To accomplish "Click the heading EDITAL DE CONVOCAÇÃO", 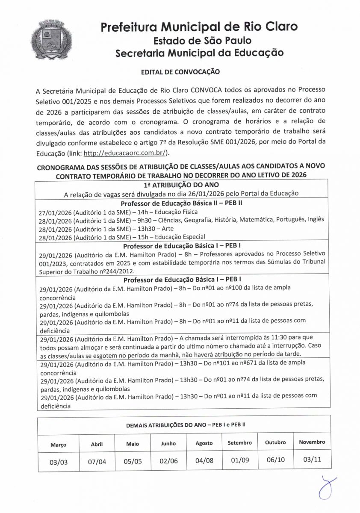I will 180,72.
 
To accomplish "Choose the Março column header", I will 59,445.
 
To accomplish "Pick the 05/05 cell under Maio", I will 133,462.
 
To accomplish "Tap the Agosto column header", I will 204,443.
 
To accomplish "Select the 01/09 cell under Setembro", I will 240,461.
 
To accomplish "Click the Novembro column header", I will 312,442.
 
